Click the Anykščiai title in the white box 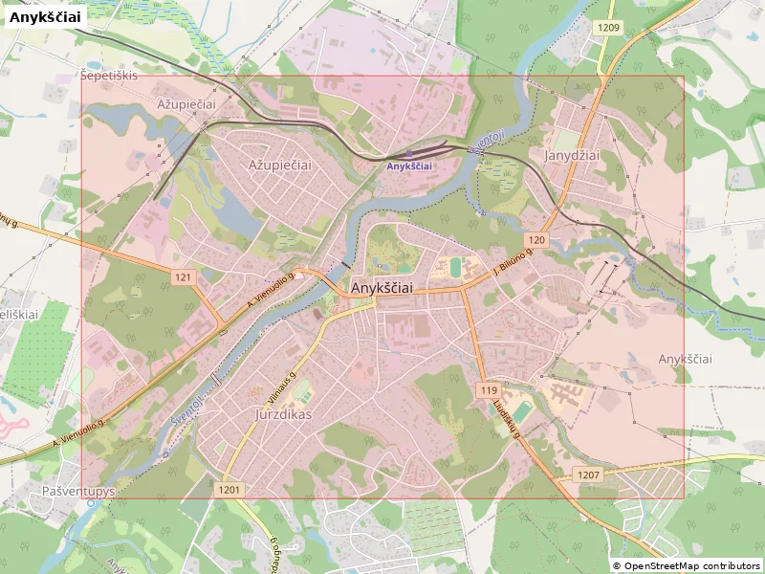point(46,16)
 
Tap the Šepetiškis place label point(109,76)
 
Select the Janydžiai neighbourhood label point(571,155)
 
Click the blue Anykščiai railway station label point(409,166)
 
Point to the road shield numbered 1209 point(608,28)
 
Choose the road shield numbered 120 point(535,239)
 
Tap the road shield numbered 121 point(185,277)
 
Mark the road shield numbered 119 point(488,390)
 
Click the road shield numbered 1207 point(589,475)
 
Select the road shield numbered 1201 point(229,490)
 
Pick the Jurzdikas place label point(285,415)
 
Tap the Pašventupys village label point(78,491)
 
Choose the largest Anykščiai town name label point(382,288)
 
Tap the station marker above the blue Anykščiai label point(409,153)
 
